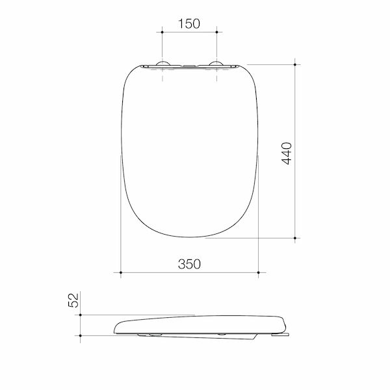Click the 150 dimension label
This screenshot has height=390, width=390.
coord(189,24)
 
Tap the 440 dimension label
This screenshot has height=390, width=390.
coord(287,153)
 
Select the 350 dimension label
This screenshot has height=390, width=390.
coord(189,264)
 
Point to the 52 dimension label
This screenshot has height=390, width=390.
coord(73,300)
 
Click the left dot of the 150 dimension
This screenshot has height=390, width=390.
coord(162,32)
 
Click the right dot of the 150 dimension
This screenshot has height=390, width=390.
coord(216,32)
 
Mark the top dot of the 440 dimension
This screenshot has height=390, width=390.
coord(295,64)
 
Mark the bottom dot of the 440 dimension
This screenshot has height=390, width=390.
coord(295,238)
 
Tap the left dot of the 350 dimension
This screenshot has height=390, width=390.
coord(121,272)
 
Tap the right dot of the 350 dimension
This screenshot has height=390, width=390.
coord(259,272)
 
